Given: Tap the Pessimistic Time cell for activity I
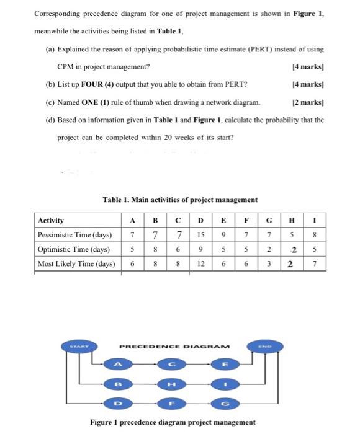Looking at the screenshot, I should pos(315,234).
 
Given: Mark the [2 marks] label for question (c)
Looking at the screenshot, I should pos(307,102).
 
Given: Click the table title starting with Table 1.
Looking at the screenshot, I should pos(180,199).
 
